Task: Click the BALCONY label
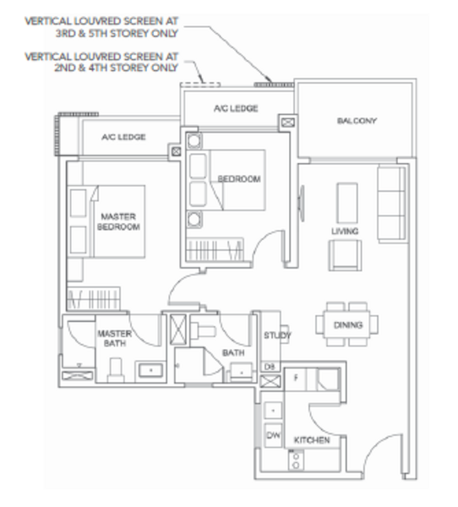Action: point(357,121)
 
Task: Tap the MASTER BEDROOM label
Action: point(118,221)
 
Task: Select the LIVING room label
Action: point(345,232)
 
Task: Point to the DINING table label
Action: point(348,324)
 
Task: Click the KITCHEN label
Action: point(312,440)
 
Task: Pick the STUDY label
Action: point(277,335)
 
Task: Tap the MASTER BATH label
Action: point(115,338)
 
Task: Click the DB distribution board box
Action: point(270,367)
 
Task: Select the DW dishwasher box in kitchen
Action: point(273,435)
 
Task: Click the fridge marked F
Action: point(295,379)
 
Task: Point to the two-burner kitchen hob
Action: point(296,461)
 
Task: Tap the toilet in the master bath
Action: point(116,370)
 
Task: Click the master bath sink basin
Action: point(150,371)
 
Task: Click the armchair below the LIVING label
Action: point(345,255)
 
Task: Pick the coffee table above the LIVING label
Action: point(347,203)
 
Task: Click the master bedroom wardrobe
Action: point(94,298)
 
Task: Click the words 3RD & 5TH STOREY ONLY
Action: point(117,33)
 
